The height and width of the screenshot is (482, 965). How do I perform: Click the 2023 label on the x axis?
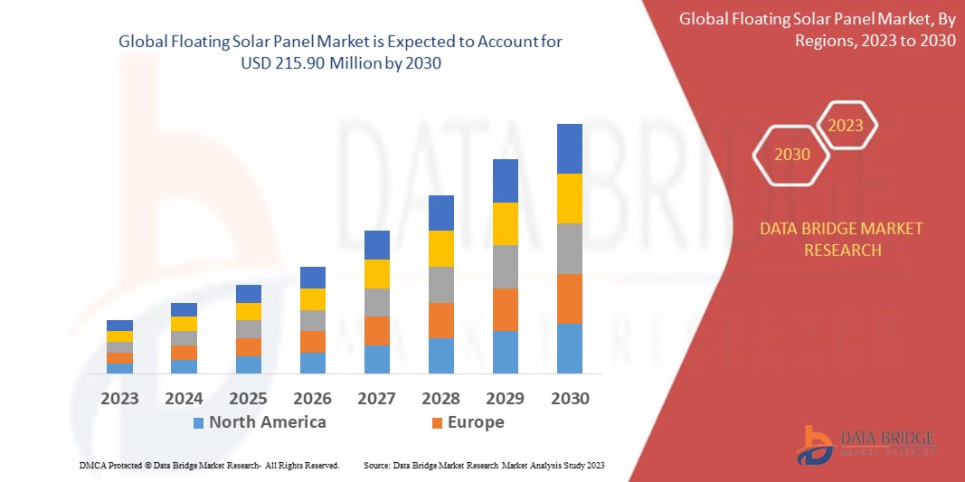pos(119,398)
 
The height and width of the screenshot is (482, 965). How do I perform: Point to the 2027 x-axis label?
pos(376,398)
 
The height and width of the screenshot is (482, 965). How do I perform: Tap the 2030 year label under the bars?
pos(570,398)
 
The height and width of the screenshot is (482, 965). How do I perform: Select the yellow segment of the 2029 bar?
pos(505,223)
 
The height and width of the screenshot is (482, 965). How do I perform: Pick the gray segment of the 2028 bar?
pos(440,284)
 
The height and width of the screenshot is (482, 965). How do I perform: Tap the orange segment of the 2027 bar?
pos(376,330)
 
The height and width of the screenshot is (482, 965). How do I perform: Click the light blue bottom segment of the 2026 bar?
pos(312,363)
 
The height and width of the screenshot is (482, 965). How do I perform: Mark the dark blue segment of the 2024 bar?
pos(184,309)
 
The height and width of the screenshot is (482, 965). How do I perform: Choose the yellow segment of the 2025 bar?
pos(248,311)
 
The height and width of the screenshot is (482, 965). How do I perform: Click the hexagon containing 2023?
pos(846,126)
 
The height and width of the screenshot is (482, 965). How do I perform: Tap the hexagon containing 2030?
pos(792,155)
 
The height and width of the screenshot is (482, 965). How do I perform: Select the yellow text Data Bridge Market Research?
pos(842,239)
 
